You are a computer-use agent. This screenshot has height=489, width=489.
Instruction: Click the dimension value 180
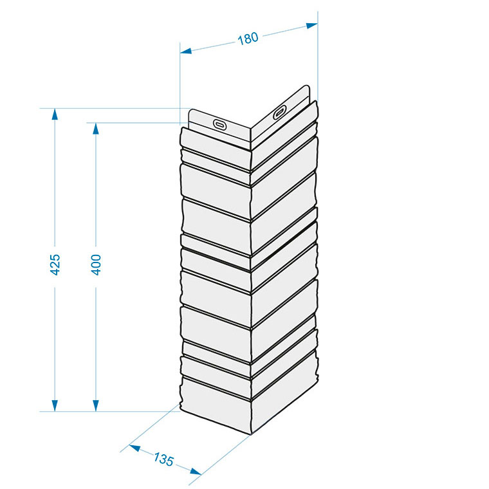click(x=248, y=39)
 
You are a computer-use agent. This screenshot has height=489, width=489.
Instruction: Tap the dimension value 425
click(x=55, y=265)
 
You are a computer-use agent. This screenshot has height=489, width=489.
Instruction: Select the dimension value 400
click(x=96, y=265)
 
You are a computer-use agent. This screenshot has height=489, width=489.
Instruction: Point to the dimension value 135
click(x=163, y=459)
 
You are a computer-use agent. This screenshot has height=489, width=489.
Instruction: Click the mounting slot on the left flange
click(x=219, y=124)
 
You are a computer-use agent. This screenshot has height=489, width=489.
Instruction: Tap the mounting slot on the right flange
click(x=280, y=112)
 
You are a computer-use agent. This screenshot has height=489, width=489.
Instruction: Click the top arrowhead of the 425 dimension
click(x=55, y=114)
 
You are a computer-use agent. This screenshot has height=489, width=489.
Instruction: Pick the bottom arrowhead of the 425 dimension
click(x=55, y=406)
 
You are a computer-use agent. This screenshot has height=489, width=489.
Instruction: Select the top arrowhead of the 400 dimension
click(x=96, y=129)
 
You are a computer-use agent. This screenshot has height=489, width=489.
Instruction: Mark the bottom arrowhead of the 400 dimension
click(x=96, y=406)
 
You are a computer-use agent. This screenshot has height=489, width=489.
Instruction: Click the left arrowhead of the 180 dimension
click(x=186, y=51)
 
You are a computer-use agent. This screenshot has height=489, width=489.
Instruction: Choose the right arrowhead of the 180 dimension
click(x=312, y=26)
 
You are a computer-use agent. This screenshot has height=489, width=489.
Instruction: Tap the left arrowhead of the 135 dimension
click(x=134, y=448)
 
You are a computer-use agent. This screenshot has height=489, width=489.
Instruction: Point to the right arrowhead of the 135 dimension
click(x=196, y=471)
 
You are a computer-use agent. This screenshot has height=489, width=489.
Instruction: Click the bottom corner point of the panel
click(x=251, y=434)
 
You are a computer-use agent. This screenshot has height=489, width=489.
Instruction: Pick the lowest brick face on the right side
click(x=284, y=392)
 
